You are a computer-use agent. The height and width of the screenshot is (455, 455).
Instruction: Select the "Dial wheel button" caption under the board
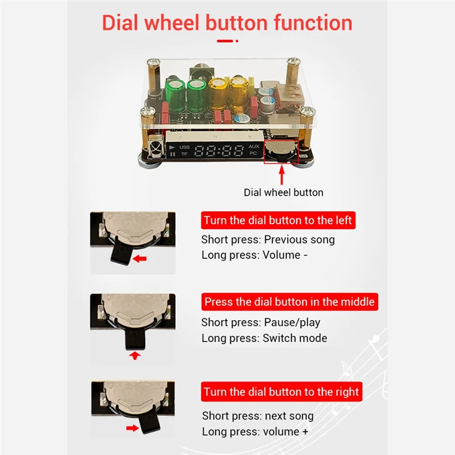click(x=283, y=192)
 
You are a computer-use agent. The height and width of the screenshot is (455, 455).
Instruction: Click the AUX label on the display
click(x=254, y=147)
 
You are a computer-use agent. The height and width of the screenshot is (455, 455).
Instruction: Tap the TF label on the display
click(x=184, y=154)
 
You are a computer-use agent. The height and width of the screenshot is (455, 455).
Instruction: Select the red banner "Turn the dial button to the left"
click(x=278, y=221)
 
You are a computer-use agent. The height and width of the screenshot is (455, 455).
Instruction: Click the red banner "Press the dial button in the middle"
click(x=289, y=302)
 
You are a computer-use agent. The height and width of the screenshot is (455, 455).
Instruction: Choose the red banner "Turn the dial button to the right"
click(x=282, y=392)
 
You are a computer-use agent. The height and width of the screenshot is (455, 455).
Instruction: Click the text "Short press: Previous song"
click(x=268, y=239)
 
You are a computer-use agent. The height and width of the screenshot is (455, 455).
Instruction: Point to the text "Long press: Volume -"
click(x=254, y=255)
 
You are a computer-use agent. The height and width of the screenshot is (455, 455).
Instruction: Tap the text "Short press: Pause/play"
click(x=260, y=322)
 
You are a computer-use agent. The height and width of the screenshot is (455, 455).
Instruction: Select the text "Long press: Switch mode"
click(x=264, y=338)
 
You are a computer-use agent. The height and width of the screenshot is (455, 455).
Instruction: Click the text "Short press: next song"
click(x=258, y=416)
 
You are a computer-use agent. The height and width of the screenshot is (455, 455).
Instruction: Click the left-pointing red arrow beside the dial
click(x=138, y=259)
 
